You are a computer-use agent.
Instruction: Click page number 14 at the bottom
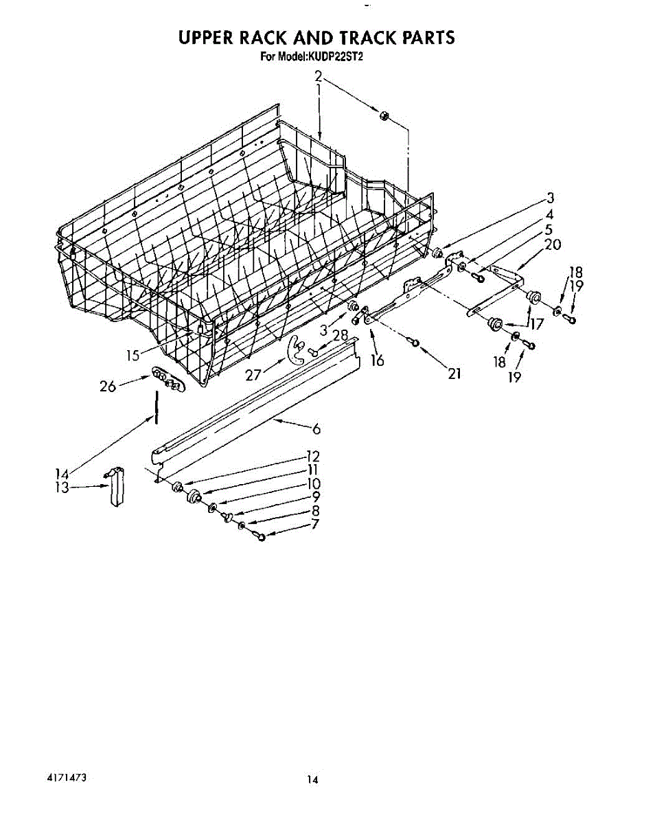tap(312, 779)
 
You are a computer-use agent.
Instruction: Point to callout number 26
tap(107, 387)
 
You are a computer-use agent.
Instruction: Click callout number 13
tap(62, 487)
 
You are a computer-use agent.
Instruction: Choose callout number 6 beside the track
tap(316, 430)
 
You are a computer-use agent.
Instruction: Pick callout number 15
tap(133, 355)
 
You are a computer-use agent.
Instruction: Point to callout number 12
tap(313, 457)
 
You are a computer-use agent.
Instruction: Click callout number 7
tap(316, 525)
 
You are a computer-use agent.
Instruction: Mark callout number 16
tap(377, 360)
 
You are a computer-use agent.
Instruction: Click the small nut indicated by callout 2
tap(384, 116)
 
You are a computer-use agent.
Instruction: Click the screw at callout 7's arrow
tap(261, 536)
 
